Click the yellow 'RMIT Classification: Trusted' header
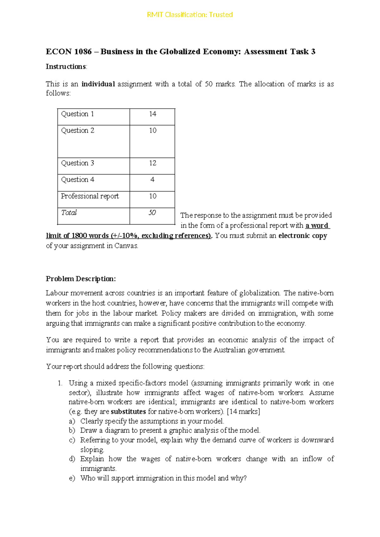coord(190,15)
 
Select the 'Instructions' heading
coord(66,66)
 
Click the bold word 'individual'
coord(98,84)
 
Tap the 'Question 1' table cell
coord(77,114)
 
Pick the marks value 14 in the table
coord(153,114)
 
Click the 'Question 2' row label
coord(78,130)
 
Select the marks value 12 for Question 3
coord(153,163)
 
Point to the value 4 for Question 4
coord(152,180)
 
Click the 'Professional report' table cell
coord(90,196)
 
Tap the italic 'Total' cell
coord(69,213)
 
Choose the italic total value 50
coord(152,213)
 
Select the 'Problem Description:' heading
coord(81,279)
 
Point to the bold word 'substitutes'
coord(128,412)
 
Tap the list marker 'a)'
coord(72,421)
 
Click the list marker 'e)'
coord(72,478)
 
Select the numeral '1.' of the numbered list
coord(60,383)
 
